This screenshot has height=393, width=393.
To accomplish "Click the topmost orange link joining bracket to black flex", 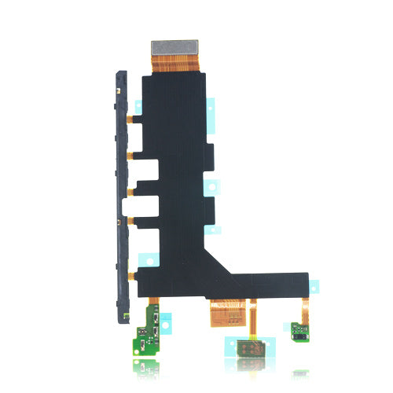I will click(135, 119).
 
